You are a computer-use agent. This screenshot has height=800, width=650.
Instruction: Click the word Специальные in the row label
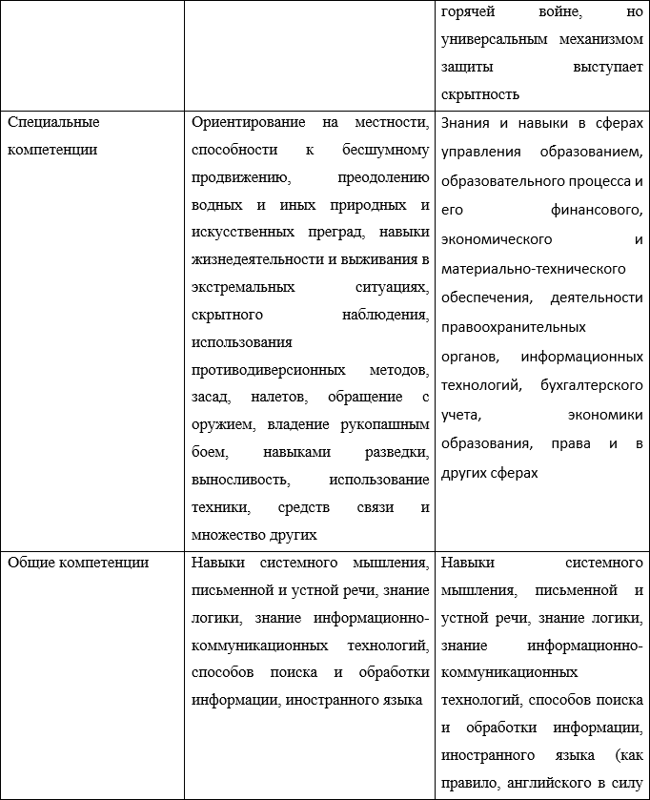point(53,123)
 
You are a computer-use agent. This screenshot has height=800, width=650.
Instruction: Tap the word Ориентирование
point(249,123)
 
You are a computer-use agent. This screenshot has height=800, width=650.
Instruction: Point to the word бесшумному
point(385,151)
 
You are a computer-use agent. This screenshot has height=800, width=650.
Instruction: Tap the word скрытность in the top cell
point(481,94)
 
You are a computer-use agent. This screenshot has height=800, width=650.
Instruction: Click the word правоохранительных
point(514,327)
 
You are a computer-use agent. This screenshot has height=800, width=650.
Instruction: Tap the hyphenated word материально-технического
point(534,269)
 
